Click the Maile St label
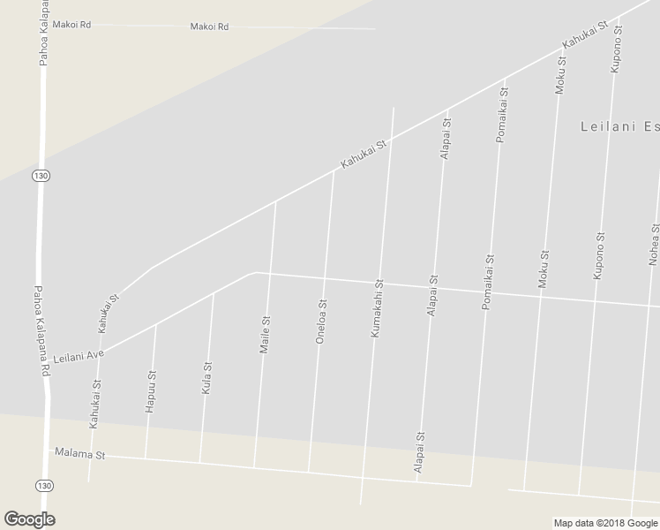tap(264, 335)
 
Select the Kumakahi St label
tap(377, 310)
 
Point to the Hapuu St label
tap(151, 389)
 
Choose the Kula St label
tap(207, 377)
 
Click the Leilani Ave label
tap(79, 356)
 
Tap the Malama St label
tap(79, 455)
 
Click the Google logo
tap(28, 519)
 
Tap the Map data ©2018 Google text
tap(606, 523)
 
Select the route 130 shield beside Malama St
tap(44, 485)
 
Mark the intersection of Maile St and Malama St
tap(254, 467)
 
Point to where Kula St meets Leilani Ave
tap(213, 293)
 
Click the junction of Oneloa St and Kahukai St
tap(334, 170)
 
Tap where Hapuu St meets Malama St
tap(146, 458)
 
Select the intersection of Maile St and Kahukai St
tap(276, 201)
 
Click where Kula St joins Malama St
tap(199, 463)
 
